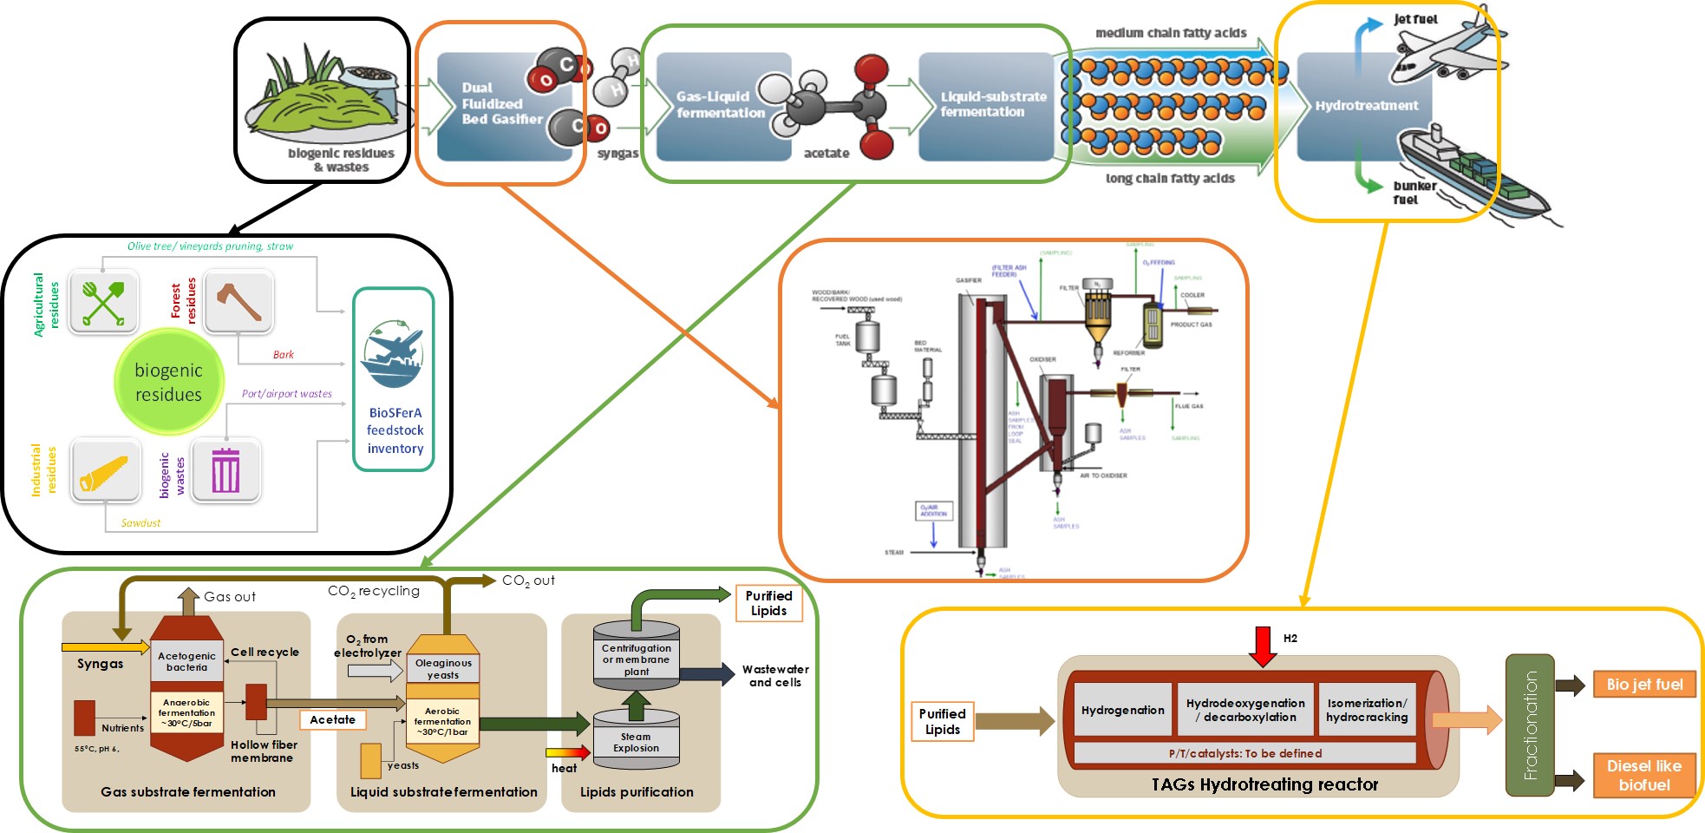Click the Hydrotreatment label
click(x=1367, y=106)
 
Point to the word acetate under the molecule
click(x=826, y=154)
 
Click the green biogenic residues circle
click(x=168, y=382)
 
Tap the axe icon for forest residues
click(x=238, y=301)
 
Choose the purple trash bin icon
click(x=225, y=470)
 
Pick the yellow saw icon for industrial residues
click(x=105, y=471)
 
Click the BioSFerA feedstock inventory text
click(x=395, y=430)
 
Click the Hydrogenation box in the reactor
click(x=1122, y=711)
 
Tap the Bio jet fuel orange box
click(x=1643, y=685)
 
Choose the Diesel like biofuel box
click(x=1643, y=776)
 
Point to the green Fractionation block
click(x=1530, y=725)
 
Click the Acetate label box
click(x=333, y=719)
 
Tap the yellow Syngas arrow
click(x=105, y=647)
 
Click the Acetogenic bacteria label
click(x=186, y=662)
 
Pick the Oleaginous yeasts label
click(x=443, y=669)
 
